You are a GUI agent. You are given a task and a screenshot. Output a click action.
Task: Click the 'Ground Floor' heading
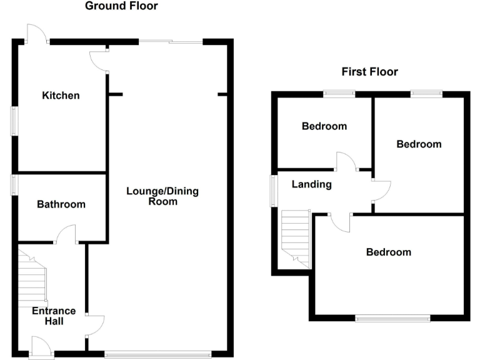tap(121, 6)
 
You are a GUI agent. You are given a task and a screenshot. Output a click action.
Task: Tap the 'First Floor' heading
tap(369, 72)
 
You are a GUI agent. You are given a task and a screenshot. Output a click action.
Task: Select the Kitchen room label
tap(61, 96)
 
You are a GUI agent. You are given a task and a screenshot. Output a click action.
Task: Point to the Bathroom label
tap(61, 204)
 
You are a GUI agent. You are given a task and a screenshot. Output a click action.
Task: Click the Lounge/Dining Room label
tap(162, 196)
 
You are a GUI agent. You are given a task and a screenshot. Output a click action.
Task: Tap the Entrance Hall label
tap(55, 316)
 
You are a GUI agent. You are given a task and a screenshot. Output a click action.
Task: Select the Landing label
tap(311, 184)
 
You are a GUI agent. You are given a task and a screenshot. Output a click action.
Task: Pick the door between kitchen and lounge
tap(99, 60)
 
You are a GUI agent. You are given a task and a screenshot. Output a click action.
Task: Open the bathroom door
tap(66, 235)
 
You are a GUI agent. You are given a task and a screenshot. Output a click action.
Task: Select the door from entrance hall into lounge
tap(94, 324)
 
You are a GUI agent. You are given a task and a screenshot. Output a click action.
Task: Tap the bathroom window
tap(13, 185)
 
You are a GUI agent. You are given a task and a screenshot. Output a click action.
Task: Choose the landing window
tap(273, 190)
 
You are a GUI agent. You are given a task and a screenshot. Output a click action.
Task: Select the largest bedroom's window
tap(392, 318)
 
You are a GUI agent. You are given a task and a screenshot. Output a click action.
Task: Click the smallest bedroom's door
tap(346, 161)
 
